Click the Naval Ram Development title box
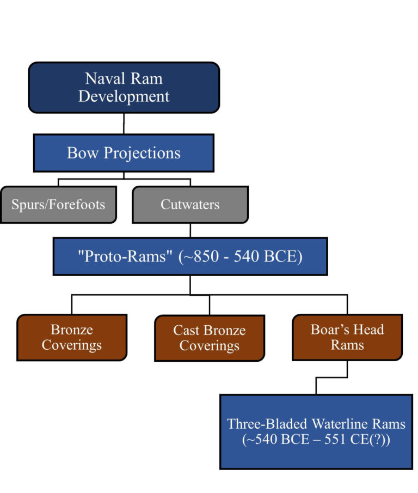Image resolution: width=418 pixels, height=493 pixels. coord(124,87)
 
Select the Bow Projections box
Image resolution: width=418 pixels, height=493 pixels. coord(124,153)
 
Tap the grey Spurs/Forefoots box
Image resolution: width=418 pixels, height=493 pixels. coord(58,204)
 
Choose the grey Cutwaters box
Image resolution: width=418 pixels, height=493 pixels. coord(190,204)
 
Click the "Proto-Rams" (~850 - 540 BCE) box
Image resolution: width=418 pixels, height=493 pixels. coord(190,256)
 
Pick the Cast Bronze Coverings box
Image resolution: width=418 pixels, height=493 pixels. coord(210,338)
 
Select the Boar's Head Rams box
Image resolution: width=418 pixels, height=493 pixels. coord(347,337)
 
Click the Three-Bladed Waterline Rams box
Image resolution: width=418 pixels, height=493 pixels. coord(316,431)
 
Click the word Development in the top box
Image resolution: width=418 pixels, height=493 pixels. coord(124,97)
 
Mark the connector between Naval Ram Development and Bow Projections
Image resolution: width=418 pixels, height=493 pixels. coord(124,124)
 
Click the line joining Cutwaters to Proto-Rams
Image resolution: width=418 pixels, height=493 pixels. coord(190,230)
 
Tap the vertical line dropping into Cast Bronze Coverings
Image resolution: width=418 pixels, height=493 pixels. coord(210,305)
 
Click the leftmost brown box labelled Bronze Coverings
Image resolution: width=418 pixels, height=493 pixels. coord(72,337)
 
